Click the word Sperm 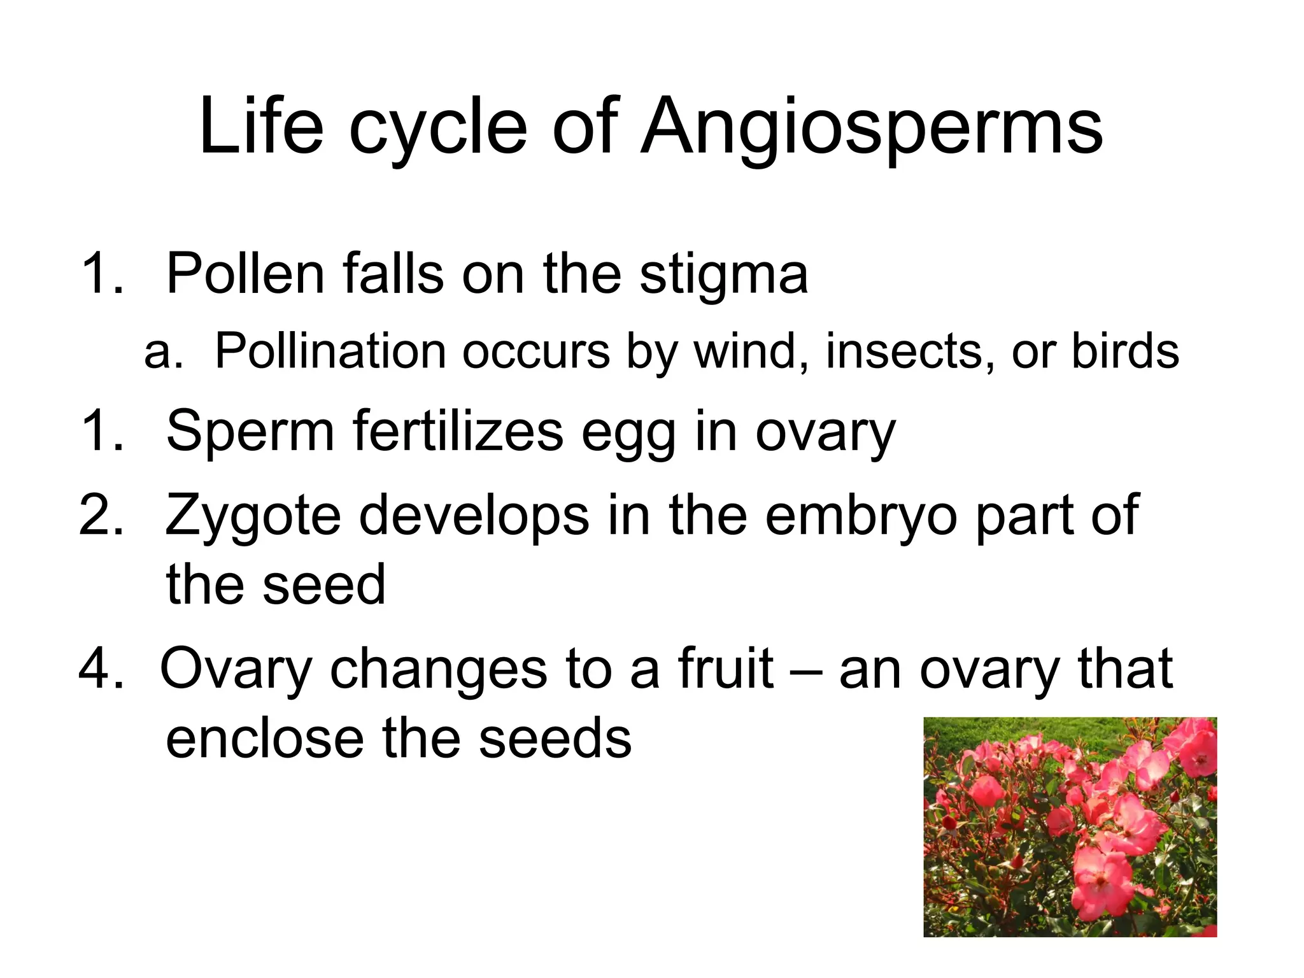pyautogui.click(x=250, y=432)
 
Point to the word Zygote pyautogui.click(x=253, y=516)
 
